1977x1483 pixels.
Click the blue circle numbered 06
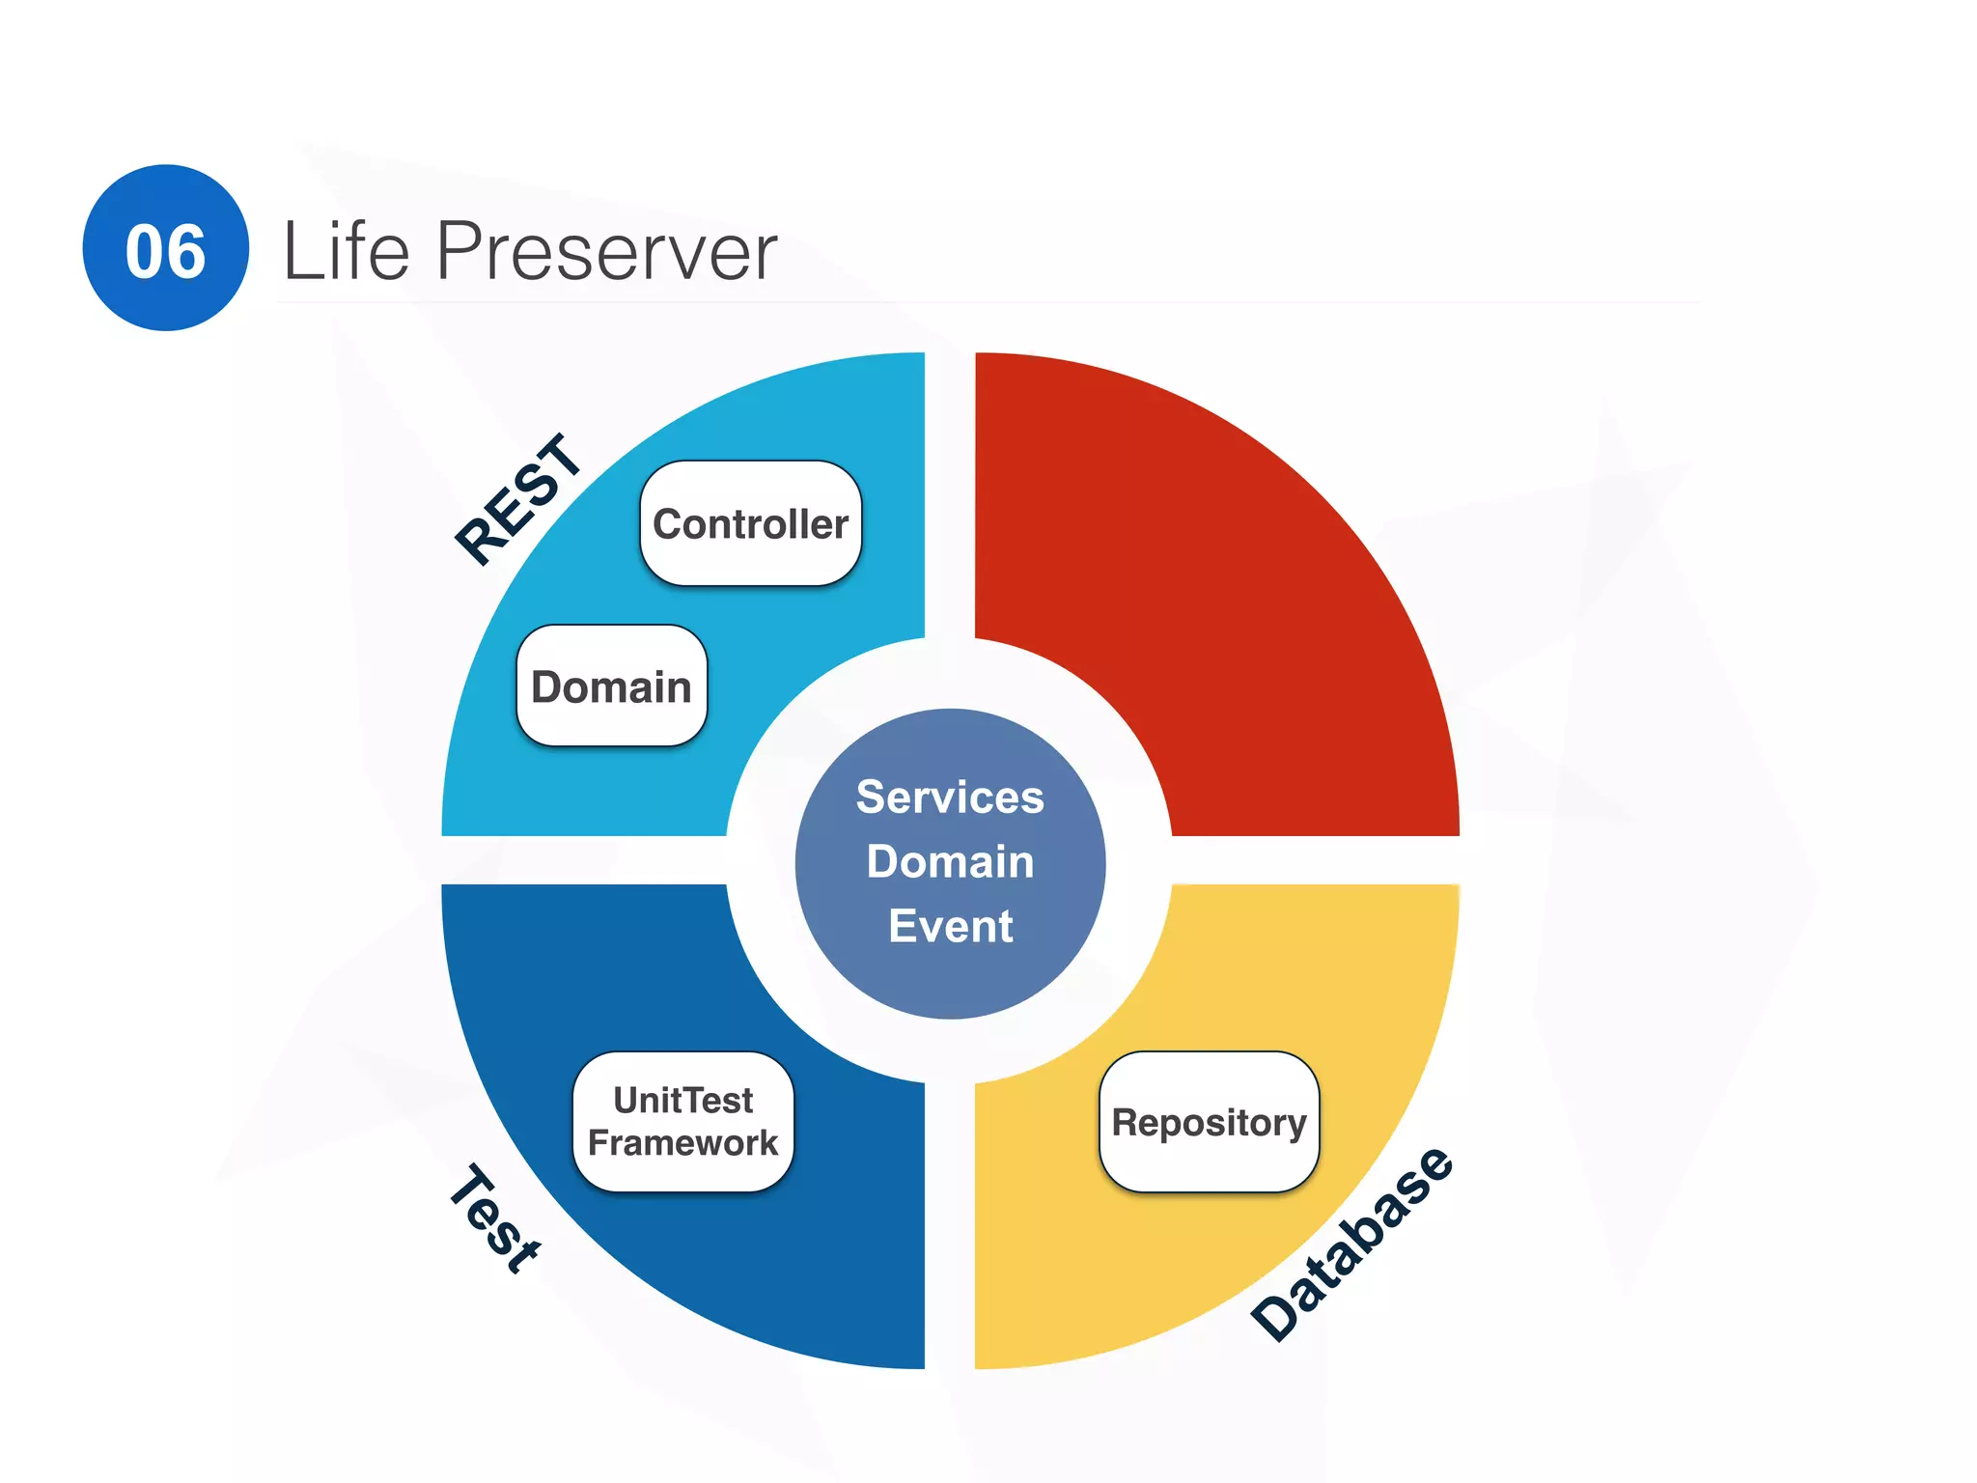click(165, 247)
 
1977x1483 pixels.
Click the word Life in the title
click(346, 251)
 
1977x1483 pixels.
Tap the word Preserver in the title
click(606, 251)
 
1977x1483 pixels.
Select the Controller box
click(750, 523)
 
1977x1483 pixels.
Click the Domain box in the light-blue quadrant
click(611, 686)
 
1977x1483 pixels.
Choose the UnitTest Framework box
click(682, 1121)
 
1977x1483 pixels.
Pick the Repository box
click(1209, 1122)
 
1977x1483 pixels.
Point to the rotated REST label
click(518, 499)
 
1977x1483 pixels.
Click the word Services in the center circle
click(950, 797)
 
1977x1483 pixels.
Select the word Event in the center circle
click(950, 926)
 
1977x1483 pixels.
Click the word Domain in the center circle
click(950, 861)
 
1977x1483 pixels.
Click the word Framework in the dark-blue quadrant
click(682, 1143)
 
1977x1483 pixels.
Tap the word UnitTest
click(682, 1100)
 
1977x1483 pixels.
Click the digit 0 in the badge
click(145, 252)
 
